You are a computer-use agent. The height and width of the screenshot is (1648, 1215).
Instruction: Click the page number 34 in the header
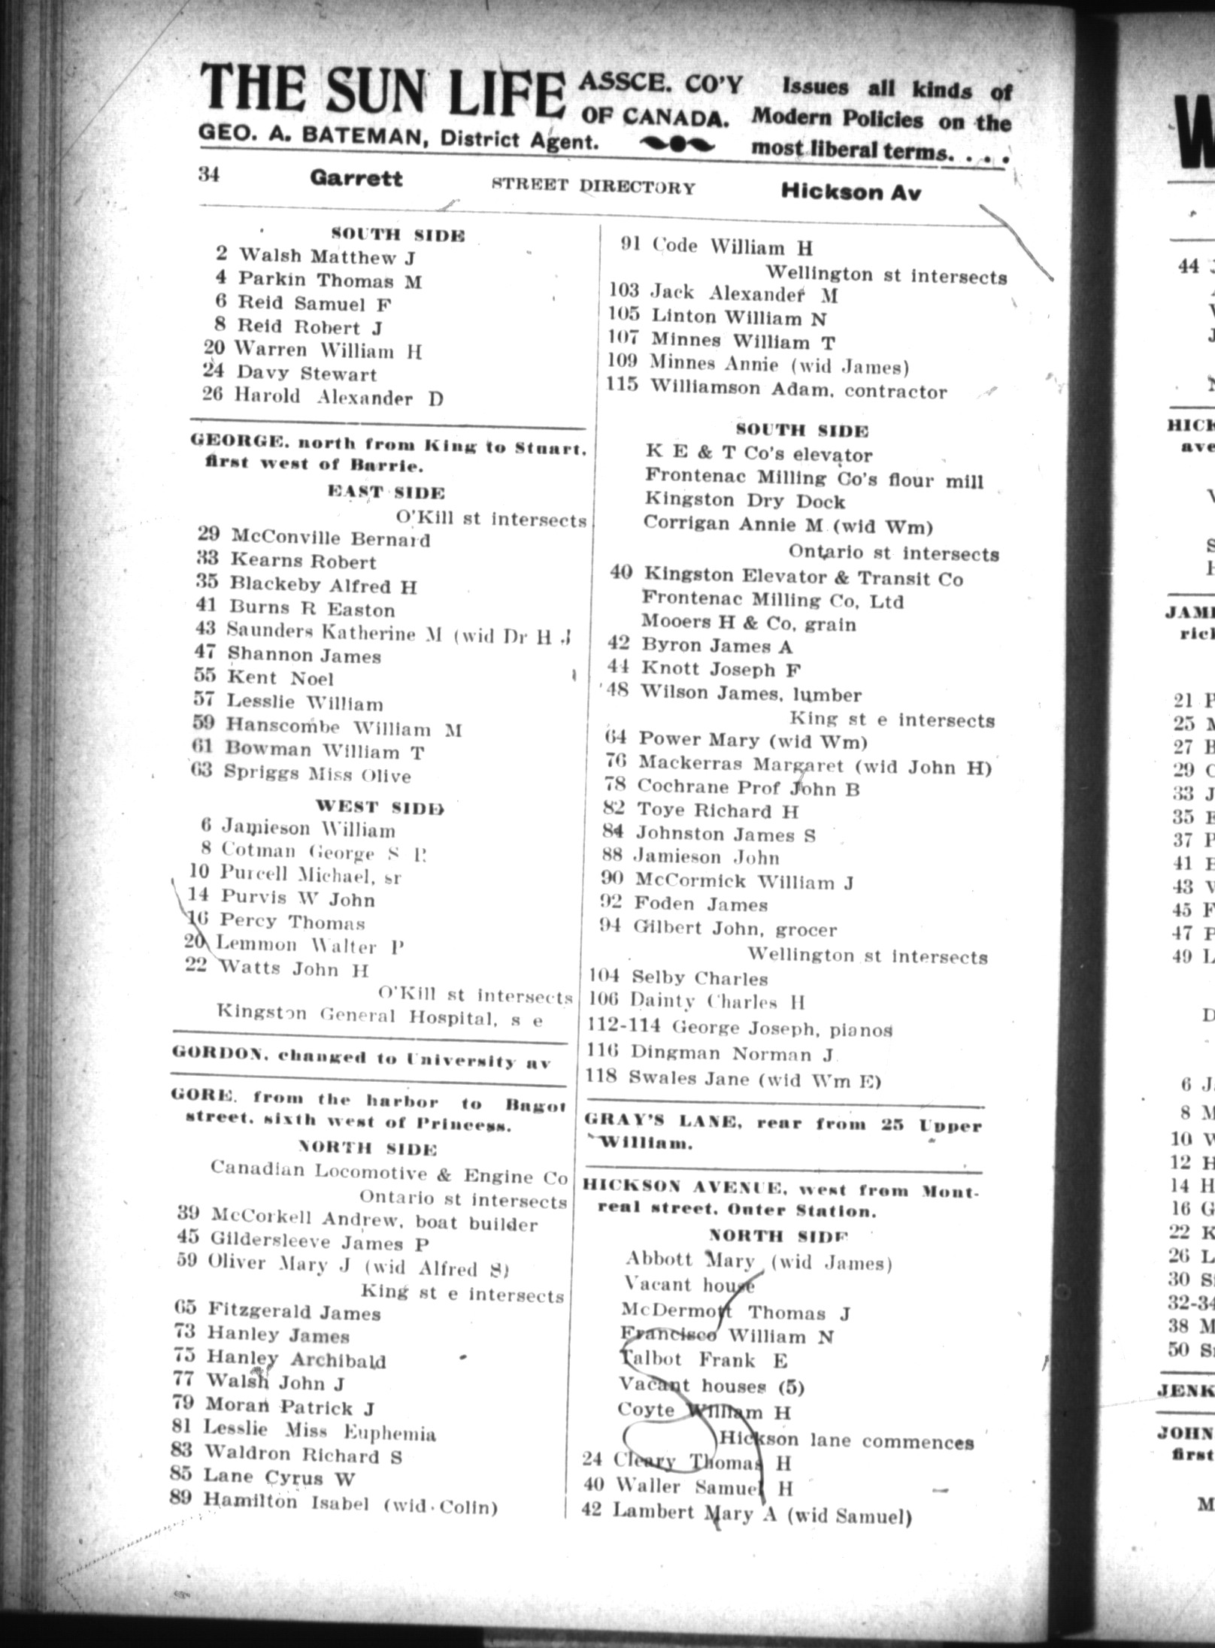point(208,174)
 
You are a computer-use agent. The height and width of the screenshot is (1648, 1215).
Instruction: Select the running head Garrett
point(356,179)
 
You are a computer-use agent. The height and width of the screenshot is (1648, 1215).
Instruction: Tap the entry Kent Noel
point(280,678)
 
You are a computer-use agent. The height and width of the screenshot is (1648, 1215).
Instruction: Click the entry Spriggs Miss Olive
point(317,775)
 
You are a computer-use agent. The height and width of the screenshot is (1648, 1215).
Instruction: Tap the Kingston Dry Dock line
point(744,501)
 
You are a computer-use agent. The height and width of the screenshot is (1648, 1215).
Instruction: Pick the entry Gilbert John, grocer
point(735,929)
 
